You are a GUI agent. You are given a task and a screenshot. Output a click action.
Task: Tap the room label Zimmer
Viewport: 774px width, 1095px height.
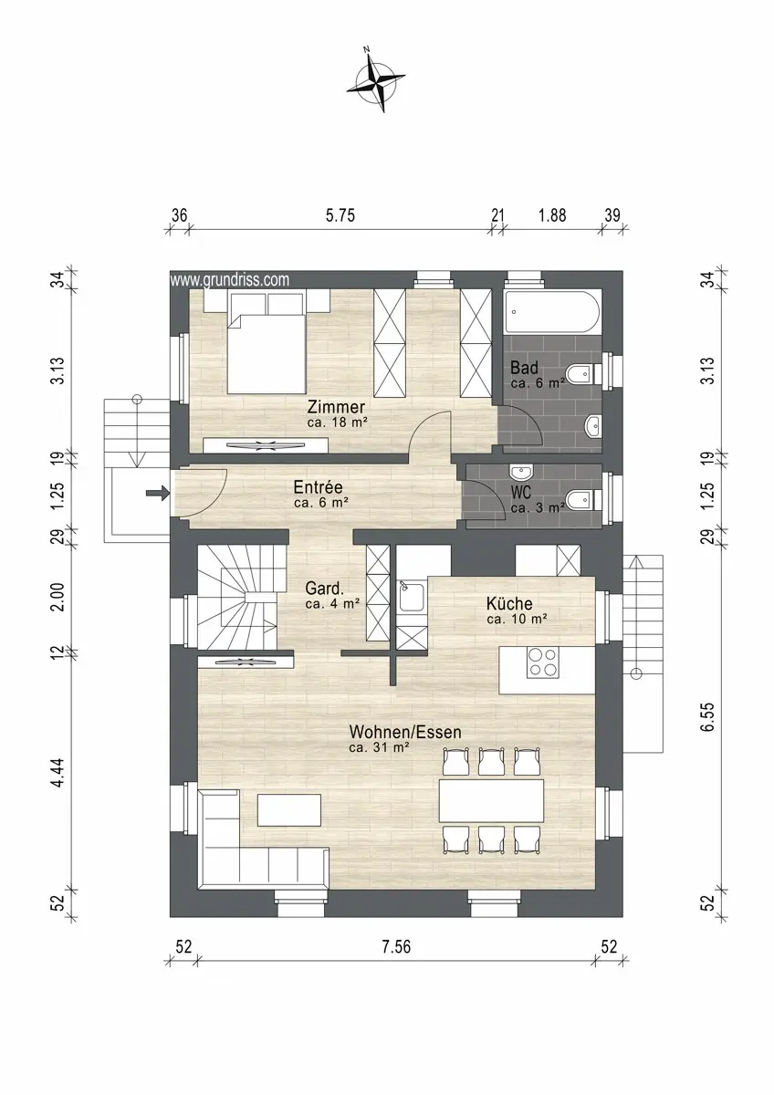coord(336,407)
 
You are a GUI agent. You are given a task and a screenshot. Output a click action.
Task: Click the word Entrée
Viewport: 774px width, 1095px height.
coord(318,487)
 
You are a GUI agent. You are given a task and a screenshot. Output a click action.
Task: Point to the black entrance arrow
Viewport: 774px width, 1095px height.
coord(157,494)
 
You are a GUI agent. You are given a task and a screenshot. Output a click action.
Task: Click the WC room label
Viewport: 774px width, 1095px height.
coord(520,492)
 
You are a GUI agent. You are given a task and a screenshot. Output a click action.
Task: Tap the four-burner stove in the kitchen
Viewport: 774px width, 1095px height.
coord(543,662)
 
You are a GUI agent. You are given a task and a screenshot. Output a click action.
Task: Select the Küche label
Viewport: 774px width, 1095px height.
coord(509,604)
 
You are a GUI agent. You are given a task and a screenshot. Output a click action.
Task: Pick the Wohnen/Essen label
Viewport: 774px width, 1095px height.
coord(405,732)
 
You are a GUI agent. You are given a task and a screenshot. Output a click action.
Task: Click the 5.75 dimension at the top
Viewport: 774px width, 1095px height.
coord(340,215)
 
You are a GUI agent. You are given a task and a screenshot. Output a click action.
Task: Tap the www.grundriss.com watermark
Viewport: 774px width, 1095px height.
coord(229,280)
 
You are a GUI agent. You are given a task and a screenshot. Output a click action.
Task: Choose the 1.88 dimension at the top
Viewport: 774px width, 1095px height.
coord(552,215)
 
